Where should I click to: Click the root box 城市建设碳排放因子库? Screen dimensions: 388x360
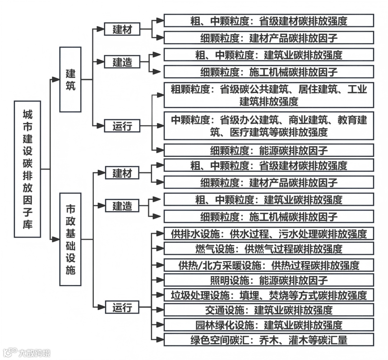click(28, 169)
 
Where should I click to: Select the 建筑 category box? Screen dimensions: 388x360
click(70, 79)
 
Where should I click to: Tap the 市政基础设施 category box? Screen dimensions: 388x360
click(70, 239)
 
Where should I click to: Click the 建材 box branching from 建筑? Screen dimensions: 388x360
click(122, 29)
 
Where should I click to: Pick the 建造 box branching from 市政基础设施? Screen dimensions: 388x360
click(122, 206)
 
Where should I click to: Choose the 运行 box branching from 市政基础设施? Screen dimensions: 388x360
click(122, 308)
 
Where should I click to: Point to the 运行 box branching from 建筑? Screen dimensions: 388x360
click(122, 126)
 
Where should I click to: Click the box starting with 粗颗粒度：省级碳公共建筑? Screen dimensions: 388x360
click(269, 95)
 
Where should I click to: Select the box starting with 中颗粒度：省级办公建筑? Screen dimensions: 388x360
click(269, 126)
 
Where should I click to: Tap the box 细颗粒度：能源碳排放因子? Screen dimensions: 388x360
click(269, 150)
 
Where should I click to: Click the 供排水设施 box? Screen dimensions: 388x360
click(269, 234)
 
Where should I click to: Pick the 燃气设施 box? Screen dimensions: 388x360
click(269, 248)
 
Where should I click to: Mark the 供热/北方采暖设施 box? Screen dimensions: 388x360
click(269, 265)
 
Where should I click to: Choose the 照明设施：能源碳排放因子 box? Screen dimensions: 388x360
click(269, 280)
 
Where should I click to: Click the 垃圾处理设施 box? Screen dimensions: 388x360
click(269, 295)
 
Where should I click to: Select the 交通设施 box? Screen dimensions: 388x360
click(269, 310)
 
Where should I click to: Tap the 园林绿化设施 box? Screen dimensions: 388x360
click(269, 325)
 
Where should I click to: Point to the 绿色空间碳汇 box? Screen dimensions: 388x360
click(269, 340)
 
